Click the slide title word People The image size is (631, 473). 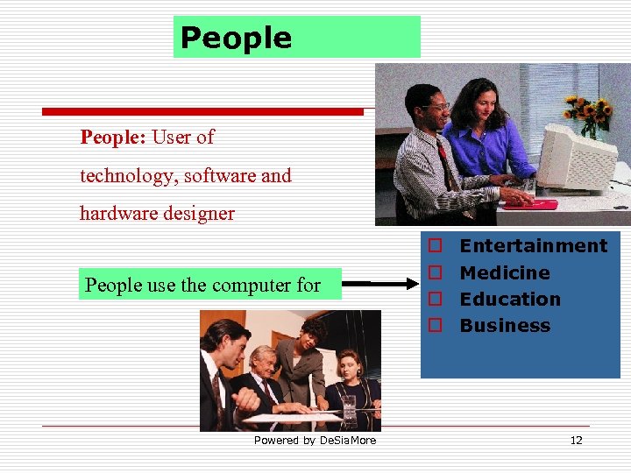point(235,38)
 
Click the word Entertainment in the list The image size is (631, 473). point(533,246)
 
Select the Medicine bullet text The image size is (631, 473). point(505,273)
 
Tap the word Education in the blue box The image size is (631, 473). point(510,300)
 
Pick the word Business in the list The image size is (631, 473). point(505,326)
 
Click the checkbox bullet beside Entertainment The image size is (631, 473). point(433,247)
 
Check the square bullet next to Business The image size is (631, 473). point(433,326)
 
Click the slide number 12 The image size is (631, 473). point(576,441)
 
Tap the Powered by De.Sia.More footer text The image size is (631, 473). point(315,441)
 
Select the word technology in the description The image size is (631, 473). point(126,176)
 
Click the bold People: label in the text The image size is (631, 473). point(113,138)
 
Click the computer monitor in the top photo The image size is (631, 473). point(574,158)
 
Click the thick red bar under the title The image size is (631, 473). point(202,111)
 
